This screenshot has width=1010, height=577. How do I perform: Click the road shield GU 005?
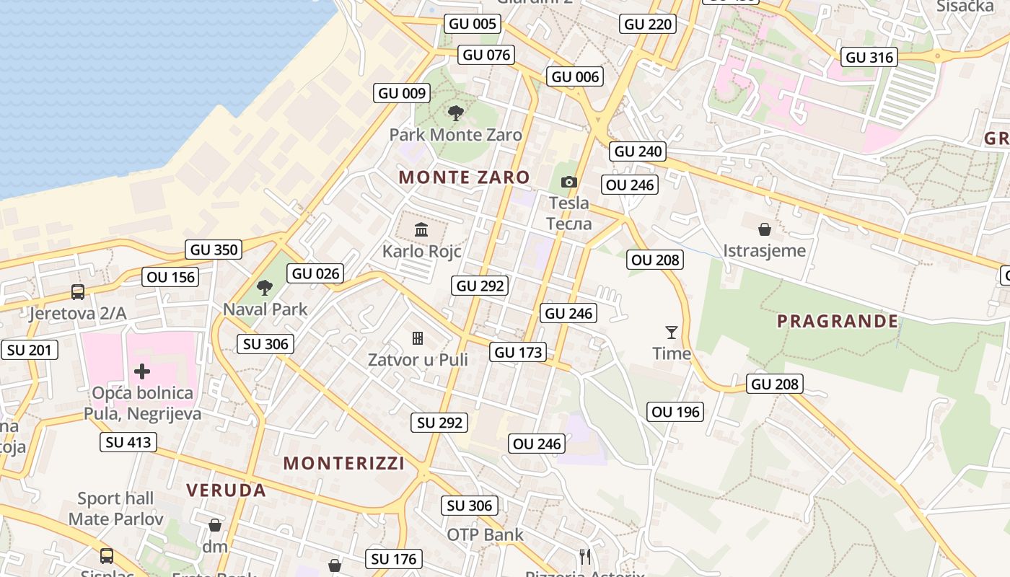[473, 24]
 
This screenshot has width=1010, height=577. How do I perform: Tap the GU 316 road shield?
[869, 58]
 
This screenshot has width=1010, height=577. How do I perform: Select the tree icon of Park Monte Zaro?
[455, 113]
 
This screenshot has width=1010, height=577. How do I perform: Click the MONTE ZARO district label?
[464, 177]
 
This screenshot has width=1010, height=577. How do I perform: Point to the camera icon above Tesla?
[569, 182]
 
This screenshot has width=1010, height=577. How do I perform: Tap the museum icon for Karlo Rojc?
[421, 230]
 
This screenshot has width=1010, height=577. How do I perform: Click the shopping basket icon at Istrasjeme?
[764, 230]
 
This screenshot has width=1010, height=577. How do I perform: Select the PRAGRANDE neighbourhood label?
[838, 322]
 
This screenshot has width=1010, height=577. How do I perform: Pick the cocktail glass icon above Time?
[672, 332]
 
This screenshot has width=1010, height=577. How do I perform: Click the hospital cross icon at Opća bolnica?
[142, 371]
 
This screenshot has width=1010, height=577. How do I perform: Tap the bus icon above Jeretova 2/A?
[78, 292]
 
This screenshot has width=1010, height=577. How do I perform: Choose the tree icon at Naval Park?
[265, 288]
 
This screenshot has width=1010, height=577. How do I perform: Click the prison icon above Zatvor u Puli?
[417, 338]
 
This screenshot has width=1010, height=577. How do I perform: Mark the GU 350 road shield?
[214, 250]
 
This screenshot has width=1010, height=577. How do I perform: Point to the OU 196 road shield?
[675, 412]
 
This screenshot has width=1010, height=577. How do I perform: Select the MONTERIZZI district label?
[344, 463]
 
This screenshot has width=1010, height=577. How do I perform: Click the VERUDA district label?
[227, 490]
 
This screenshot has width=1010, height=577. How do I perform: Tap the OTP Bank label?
[486, 534]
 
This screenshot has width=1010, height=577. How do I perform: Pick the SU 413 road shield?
[129, 442]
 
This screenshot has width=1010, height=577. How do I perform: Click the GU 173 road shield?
[518, 353]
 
